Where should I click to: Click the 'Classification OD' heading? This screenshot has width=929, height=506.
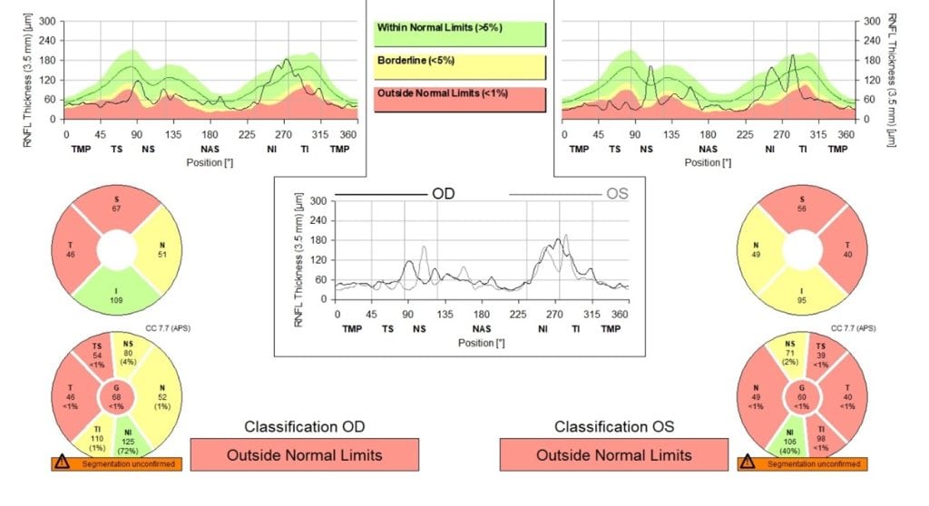click(x=304, y=426)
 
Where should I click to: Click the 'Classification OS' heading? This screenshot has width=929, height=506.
click(x=613, y=426)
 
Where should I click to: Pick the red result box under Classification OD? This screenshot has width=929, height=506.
click(x=304, y=454)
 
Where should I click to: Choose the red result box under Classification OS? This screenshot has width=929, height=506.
click(x=613, y=454)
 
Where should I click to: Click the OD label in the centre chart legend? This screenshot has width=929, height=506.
click(x=442, y=194)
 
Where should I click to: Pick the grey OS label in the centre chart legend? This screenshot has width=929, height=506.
click(x=616, y=194)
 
